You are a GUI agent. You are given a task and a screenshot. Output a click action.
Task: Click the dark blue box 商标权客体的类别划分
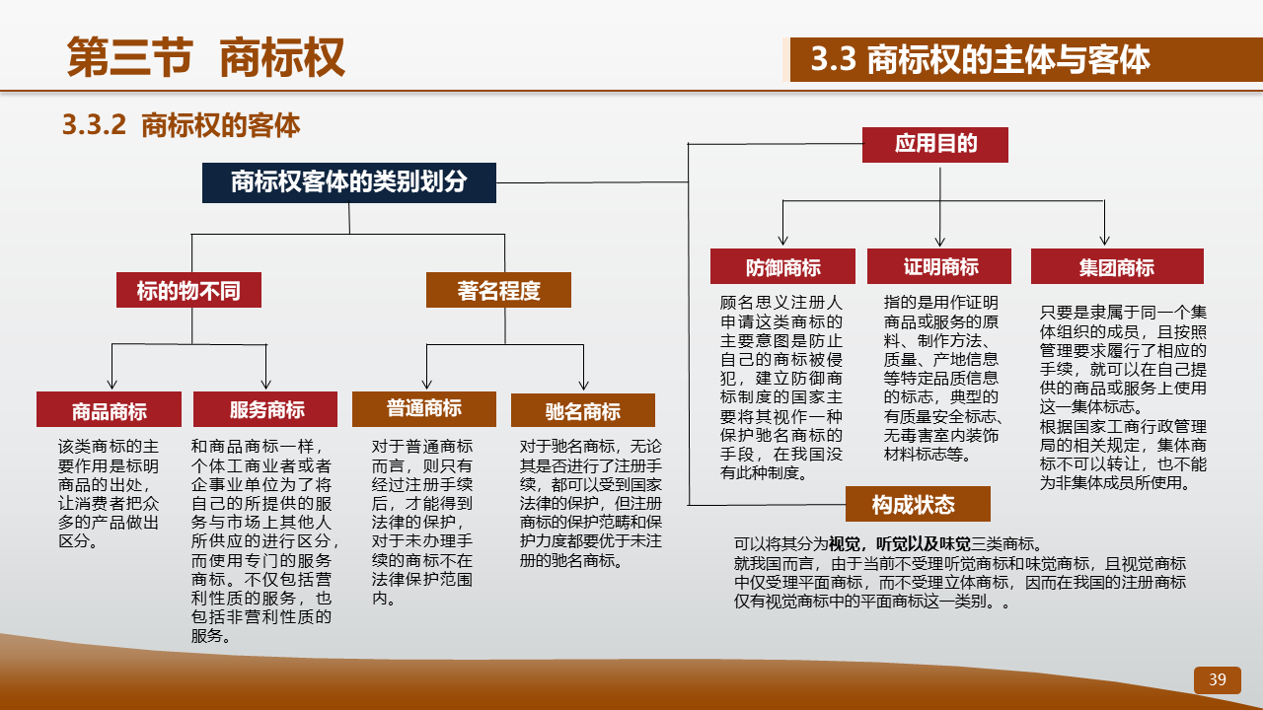[x=349, y=182]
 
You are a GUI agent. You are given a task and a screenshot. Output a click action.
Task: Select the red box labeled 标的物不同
[x=188, y=290]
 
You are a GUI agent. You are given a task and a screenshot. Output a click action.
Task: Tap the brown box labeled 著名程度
[x=498, y=290]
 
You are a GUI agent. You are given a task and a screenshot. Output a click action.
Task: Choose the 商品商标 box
[x=109, y=409]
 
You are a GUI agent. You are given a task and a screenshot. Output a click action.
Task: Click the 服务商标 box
[x=265, y=409]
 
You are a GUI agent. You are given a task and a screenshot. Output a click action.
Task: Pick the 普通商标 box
[x=424, y=409]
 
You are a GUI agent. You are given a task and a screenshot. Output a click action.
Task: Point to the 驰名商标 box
[x=583, y=410]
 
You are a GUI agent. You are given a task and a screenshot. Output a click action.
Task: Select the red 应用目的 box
[x=935, y=145]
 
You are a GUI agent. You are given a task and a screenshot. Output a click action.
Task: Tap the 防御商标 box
[x=782, y=266]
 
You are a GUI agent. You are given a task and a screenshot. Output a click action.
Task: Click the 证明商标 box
[x=939, y=266]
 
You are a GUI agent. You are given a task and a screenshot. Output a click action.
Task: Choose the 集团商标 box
[x=1117, y=266]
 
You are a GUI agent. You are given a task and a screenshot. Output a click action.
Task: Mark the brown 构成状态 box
[x=918, y=504]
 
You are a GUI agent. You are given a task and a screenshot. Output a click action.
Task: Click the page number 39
[x=1218, y=679]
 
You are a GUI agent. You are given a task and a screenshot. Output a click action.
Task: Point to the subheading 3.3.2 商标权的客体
[x=181, y=124]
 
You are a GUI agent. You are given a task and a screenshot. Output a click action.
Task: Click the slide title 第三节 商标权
[x=206, y=57]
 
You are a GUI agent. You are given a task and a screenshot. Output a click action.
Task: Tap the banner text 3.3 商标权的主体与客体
[x=980, y=59]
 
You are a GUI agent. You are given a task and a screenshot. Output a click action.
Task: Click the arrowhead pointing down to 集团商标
[x=1104, y=241]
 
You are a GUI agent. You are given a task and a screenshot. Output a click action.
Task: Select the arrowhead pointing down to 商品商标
[x=111, y=385]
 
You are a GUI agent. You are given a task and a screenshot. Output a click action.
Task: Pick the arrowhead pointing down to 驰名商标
[x=583, y=386]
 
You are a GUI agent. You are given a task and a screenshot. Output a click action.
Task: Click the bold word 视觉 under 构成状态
[x=844, y=543]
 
